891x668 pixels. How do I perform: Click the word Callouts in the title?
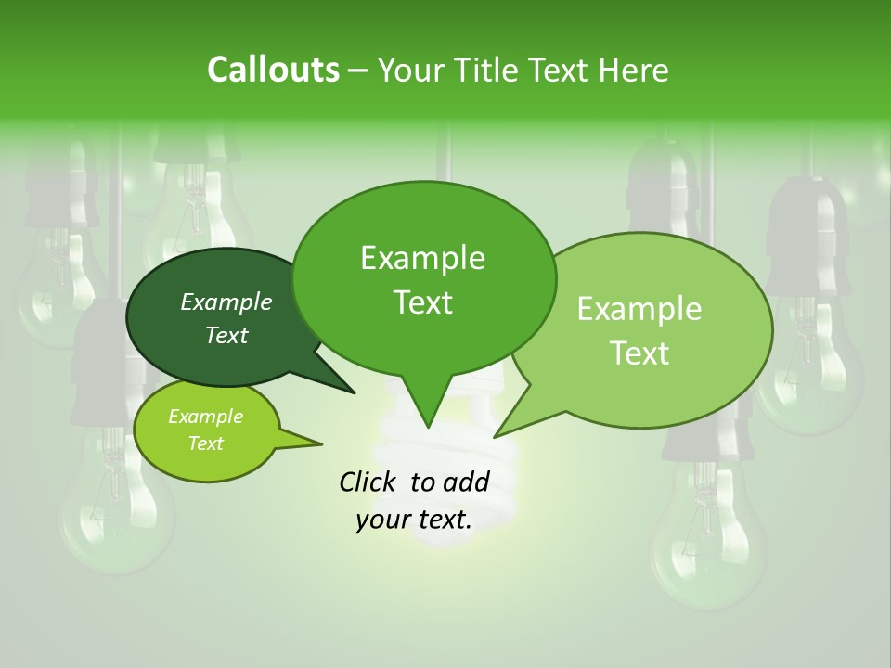273,70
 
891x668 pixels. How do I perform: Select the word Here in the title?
630,70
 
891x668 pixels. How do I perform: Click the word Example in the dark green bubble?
226,302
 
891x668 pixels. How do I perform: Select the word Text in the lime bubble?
205,443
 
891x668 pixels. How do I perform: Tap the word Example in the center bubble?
422,258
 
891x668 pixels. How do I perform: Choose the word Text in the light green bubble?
640,353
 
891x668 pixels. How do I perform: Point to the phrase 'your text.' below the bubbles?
414,520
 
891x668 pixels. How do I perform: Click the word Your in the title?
412,70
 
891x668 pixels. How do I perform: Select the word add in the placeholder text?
467,482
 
